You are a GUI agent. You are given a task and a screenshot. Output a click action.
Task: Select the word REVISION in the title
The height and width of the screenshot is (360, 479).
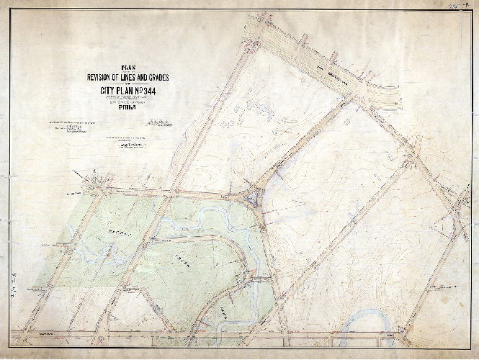[x=104, y=78]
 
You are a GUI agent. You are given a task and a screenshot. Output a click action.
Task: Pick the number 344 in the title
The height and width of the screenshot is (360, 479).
[x=153, y=91]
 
